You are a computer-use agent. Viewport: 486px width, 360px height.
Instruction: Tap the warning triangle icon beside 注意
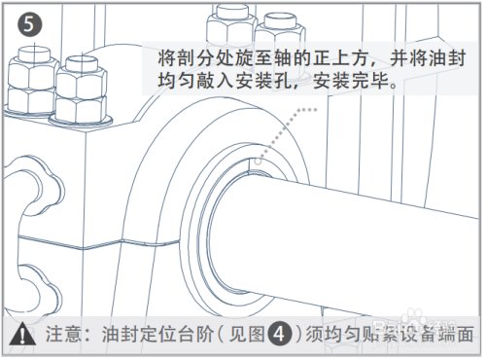point(20,332)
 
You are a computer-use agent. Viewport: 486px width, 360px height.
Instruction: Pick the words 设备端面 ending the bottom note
point(443,332)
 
